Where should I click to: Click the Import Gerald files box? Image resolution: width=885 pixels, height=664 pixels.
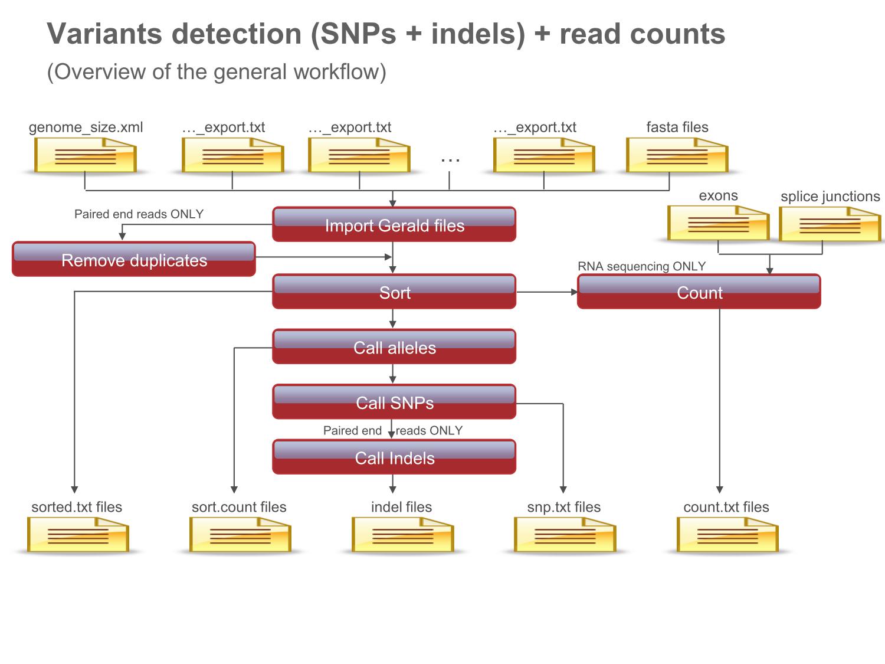point(394,224)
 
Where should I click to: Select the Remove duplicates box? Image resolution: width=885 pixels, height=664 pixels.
point(134,259)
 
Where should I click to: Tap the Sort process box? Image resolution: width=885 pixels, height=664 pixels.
point(394,292)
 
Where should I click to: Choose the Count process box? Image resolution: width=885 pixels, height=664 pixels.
point(699,292)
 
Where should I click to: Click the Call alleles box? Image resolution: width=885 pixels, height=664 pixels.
point(394,346)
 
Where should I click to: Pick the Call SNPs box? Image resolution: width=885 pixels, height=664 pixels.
point(394,401)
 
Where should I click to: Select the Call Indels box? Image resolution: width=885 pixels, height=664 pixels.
point(394,457)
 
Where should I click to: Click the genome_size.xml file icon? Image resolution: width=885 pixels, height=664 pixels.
point(86,155)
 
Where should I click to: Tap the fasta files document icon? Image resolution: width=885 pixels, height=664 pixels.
point(677,155)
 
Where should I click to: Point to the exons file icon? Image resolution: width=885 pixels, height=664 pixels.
point(719,223)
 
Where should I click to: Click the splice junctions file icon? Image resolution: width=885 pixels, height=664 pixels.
point(830,224)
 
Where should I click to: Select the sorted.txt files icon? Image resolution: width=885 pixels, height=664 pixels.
point(78,535)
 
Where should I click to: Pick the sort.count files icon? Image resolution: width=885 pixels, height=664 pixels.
point(240,535)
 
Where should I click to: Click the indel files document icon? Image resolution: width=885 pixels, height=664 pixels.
point(403,535)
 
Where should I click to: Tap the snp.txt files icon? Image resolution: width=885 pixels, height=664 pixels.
point(565,535)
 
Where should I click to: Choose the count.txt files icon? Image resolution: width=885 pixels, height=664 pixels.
point(727,535)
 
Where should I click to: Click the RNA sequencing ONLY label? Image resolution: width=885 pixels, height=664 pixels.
point(641,266)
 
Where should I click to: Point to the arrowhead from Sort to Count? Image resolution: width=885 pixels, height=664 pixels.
point(574,292)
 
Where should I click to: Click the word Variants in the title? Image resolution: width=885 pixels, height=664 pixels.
point(104,34)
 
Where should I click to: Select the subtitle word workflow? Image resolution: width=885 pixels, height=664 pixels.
point(337,72)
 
